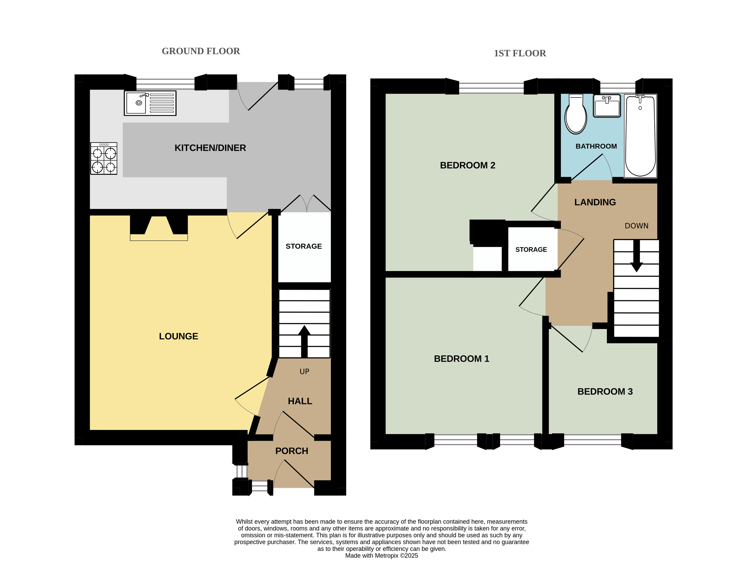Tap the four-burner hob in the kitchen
[104, 159]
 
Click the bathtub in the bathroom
[640, 136]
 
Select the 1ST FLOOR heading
[520, 53]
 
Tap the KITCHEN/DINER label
[210, 148]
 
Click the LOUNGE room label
[179, 336]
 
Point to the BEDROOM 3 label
[605, 392]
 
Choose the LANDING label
[595, 202]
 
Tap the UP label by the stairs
[304, 372]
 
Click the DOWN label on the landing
[637, 226]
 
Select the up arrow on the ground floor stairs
[304, 341]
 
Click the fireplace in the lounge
[159, 228]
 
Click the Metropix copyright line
[382, 556]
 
